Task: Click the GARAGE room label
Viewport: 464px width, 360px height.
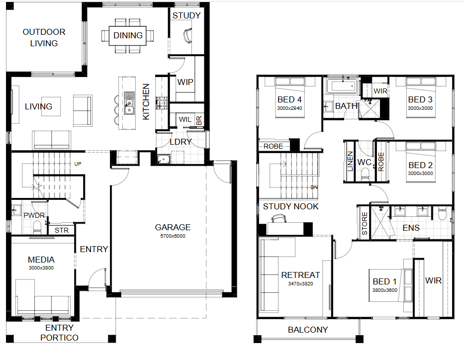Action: click(173, 227)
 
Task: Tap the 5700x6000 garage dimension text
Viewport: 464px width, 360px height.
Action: click(173, 236)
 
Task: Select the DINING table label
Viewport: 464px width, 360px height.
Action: click(128, 35)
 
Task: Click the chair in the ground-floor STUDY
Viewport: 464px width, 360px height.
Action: click(187, 36)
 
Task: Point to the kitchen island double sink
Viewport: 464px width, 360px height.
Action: click(129, 102)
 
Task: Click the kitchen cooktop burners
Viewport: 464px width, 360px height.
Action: click(162, 103)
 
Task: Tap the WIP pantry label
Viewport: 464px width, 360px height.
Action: click(185, 82)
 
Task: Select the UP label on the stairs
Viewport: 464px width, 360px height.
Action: click(78, 164)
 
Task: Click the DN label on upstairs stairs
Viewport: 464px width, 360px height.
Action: click(314, 187)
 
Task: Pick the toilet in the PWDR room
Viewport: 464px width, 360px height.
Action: click(37, 227)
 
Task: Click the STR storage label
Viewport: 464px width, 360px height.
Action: click(62, 230)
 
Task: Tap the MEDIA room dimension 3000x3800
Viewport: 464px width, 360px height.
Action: click(41, 268)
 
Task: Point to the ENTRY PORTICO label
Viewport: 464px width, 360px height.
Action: click(59, 333)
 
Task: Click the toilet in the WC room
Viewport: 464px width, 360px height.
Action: click(365, 174)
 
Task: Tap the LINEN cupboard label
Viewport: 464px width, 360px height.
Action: click(350, 162)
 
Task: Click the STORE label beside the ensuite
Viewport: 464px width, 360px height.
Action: click(365, 223)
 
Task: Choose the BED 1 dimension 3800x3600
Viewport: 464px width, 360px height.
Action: click(385, 290)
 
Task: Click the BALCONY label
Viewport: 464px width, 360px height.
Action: click(308, 330)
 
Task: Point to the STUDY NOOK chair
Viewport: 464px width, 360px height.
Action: click(279, 219)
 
